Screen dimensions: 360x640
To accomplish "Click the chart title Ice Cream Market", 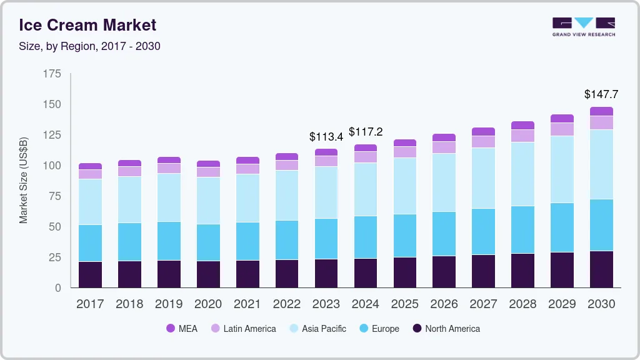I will [x=87, y=26].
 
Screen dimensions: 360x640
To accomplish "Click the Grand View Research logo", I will [x=583, y=26].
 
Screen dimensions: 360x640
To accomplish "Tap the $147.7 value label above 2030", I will [x=601, y=94].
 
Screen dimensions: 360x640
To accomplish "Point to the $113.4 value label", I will [x=326, y=136].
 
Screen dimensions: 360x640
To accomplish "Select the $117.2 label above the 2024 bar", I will [x=366, y=132].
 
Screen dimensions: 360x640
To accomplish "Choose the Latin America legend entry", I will [x=243, y=329].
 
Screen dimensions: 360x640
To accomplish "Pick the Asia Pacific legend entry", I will [x=317, y=329].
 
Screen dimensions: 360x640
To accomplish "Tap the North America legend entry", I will [x=446, y=329].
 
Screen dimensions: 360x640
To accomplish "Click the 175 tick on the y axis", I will [x=52, y=74].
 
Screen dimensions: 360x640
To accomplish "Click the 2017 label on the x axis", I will [x=90, y=304].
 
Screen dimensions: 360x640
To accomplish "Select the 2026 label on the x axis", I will [x=444, y=304].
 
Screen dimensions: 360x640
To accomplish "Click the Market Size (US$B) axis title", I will [x=24, y=181].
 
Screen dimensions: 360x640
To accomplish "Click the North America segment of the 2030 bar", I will [x=601, y=269].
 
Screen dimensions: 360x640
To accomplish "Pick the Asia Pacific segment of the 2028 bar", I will [x=522, y=174].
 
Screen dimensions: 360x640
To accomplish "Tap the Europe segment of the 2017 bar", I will [x=90, y=243].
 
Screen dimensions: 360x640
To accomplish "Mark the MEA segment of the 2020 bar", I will [x=208, y=164].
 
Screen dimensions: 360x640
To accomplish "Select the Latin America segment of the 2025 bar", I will [x=405, y=152].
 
